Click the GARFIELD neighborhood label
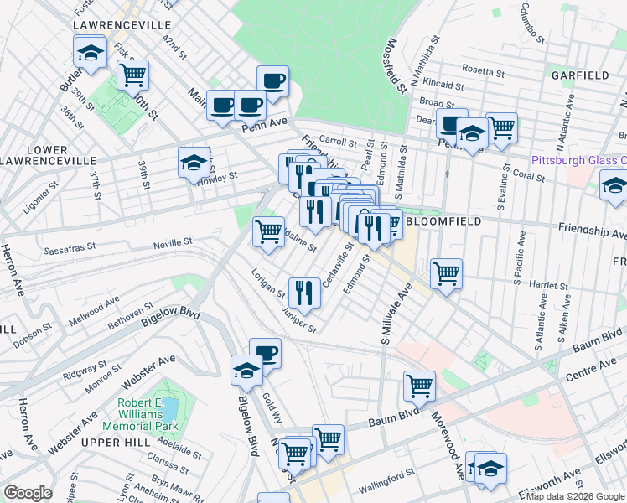pyautogui.click(x=580, y=75)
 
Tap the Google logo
pyautogui.click(x=27, y=493)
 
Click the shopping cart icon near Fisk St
pyautogui.click(x=132, y=75)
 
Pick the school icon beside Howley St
pyautogui.click(x=194, y=163)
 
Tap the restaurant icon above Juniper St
pyautogui.click(x=303, y=292)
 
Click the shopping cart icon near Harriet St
pyautogui.click(x=446, y=273)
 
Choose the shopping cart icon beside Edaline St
pyautogui.click(x=268, y=231)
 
